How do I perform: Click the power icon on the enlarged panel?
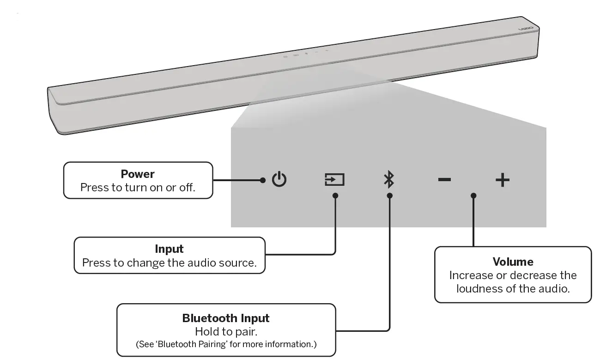(x=279, y=179)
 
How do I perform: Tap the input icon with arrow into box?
(x=334, y=179)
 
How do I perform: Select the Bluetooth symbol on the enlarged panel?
(x=389, y=179)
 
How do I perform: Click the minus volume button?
(x=444, y=179)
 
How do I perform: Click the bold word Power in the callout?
(x=138, y=174)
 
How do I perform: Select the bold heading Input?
(x=169, y=249)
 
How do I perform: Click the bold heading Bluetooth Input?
(x=225, y=318)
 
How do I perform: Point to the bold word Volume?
(x=513, y=262)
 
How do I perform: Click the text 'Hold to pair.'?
(x=225, y=331)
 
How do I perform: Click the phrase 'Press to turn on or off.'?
(x=138, y=188)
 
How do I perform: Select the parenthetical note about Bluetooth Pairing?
(x=226, y=344)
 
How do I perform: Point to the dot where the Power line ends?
(x=263, y=180)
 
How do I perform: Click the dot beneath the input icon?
(x=335, y=195)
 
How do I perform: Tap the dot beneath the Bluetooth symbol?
(x=389, y=195)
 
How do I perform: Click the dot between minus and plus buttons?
(x=473, y=195)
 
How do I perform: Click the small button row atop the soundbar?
(x=305, y=54)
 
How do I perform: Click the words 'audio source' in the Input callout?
(x=228, y=262)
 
